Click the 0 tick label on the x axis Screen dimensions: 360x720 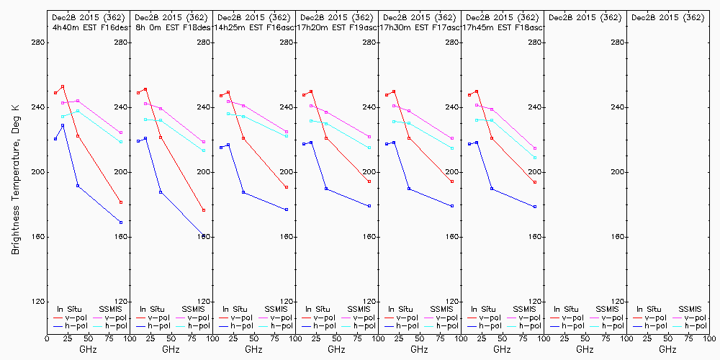[47, 338]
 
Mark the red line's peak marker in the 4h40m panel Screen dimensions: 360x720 [63, 86]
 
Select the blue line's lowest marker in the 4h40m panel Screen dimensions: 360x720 [121, 222]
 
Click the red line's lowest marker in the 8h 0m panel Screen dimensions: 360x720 [204, 210]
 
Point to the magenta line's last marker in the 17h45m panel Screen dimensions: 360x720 [535, 148]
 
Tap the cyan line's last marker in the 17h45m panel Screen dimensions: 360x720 [535, 158]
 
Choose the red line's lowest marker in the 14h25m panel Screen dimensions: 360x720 [287, 187]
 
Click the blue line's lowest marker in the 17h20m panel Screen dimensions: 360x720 [369, 206]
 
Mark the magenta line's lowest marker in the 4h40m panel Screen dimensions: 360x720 [121, 132]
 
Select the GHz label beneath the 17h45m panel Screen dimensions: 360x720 [502, 349]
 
